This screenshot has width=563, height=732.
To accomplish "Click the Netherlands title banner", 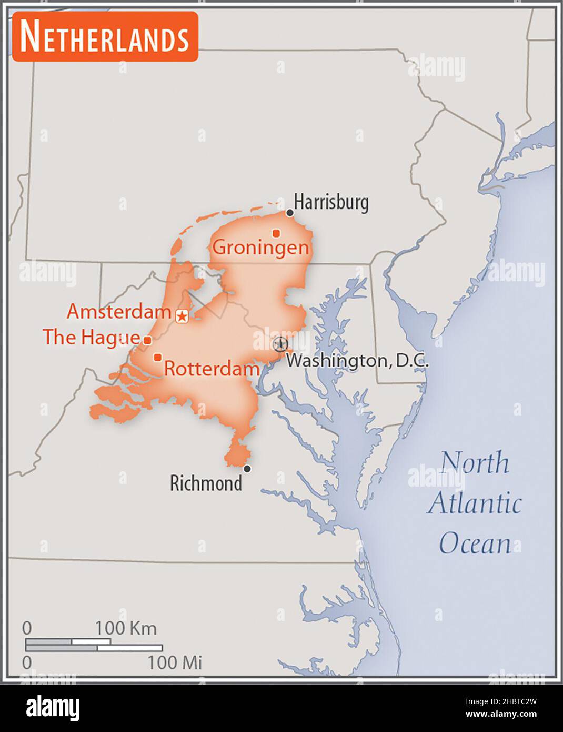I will point(105,37).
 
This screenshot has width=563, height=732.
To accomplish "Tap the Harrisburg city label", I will point(331,202).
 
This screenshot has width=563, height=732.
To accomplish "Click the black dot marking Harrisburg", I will point(289,213).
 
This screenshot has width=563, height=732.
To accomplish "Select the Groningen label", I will point(260,247).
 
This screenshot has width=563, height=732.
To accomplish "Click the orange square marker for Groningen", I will point(276,233).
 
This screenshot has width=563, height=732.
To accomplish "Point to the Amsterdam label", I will point(119,312).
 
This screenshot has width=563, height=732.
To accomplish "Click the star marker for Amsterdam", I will point(182,316).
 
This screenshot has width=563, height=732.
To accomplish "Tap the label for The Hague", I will point(92,338).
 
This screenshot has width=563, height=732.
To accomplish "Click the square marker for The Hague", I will point(147,340).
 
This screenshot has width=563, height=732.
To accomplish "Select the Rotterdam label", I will point(212,369).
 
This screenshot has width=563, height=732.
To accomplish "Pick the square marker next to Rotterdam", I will point(157,358).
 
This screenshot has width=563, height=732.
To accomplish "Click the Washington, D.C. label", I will point(357,361).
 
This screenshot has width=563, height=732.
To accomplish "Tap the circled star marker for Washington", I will point(280,344).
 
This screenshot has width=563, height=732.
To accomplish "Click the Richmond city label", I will point(206,483).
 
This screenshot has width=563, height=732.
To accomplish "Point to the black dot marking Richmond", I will point(247,469).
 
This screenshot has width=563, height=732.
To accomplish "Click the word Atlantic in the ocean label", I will point(475,503).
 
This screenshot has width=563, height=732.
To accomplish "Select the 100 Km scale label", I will point(125,628).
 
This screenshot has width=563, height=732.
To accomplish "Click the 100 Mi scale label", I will point(175,662).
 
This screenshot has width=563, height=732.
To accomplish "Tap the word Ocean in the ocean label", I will point(475,543).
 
